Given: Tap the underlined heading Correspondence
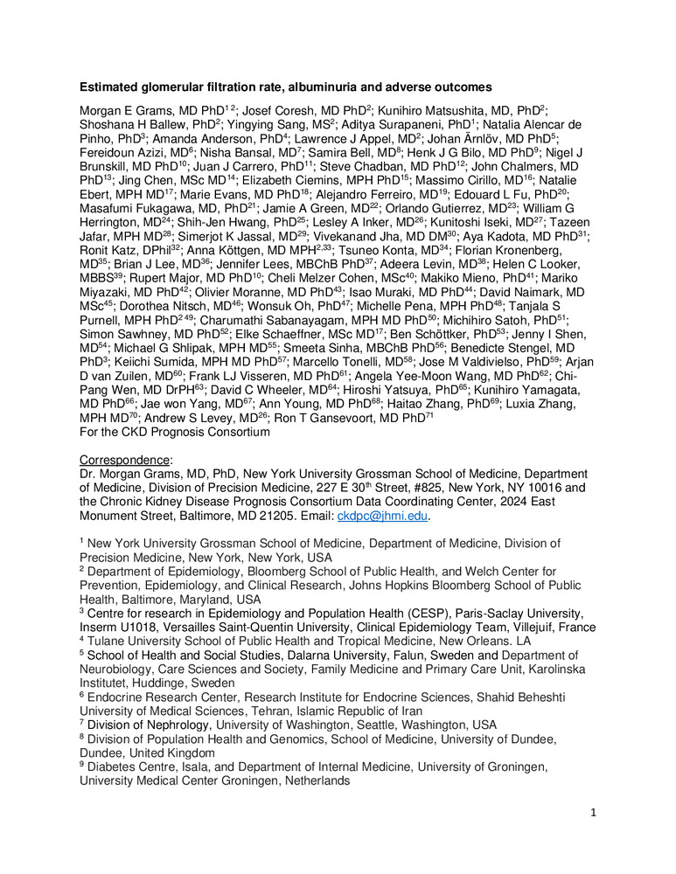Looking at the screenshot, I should [119, 460].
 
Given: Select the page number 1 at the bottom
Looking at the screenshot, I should [591, 813].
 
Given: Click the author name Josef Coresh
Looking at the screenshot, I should [252, 110].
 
